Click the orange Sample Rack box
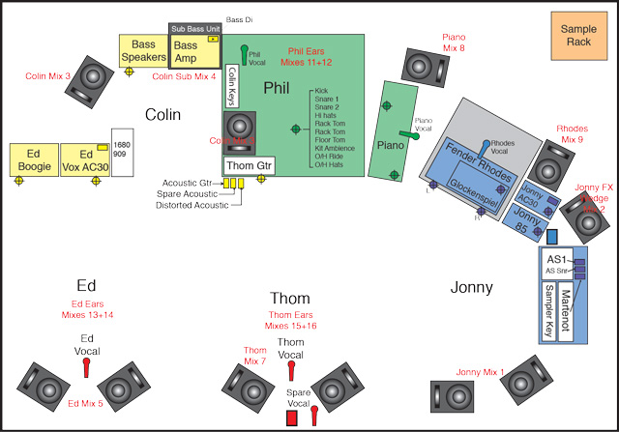[578, 37]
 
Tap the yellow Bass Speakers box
[143, 51]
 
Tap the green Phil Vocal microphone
[245, 50]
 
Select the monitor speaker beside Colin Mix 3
[95, 77]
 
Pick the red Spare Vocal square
[291, 418]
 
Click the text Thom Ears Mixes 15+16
[290, 322]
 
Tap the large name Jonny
[472, 287]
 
